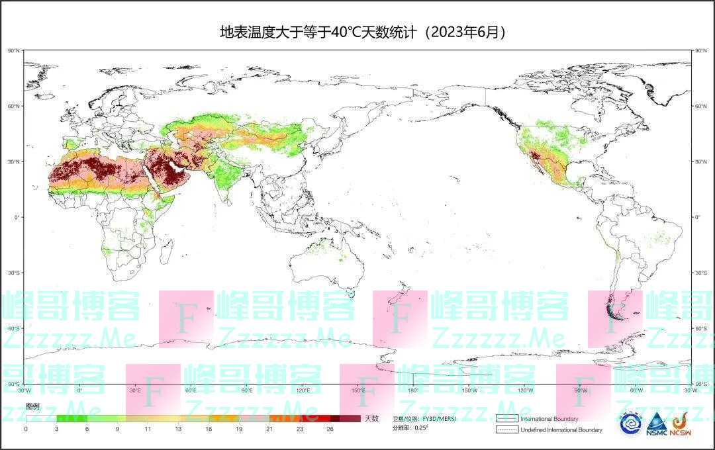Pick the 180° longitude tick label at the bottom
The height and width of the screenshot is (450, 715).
click(414, 390)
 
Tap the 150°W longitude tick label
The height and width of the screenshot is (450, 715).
click(469, 390)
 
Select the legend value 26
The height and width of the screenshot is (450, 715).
click(330, 429)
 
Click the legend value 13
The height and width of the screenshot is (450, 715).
click(178, 429)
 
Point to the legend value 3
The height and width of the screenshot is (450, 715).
click(56, 429)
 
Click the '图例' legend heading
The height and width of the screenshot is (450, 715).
click(32, 405)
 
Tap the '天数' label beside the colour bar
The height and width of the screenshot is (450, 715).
click(371, 418)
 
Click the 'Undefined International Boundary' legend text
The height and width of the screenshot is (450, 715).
click(561, 430)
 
